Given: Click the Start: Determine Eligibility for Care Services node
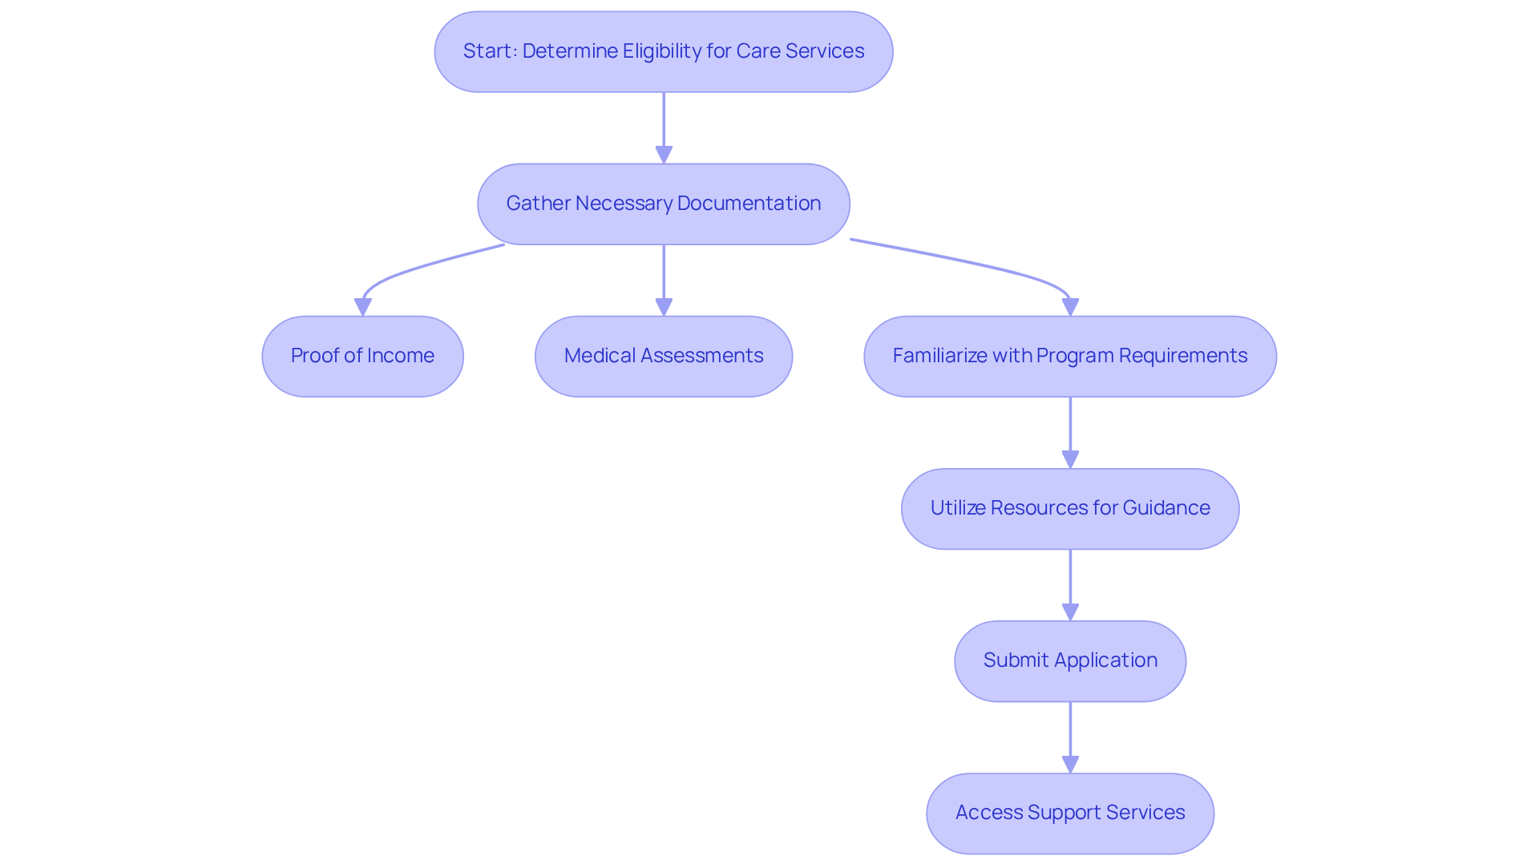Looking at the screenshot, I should pos(663,51).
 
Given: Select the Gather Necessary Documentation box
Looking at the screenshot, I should pos(663,204).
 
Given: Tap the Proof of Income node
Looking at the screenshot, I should pos(362,356).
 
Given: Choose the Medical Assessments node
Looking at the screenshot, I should pos(663,356).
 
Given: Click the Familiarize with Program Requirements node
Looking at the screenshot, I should pos(1069,356).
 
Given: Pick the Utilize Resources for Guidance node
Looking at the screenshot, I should pos(1069,508).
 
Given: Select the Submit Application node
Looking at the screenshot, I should pos(1069,660).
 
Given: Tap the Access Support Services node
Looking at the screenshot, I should pos(1069,813).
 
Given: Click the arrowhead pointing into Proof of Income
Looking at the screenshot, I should pos(362,307).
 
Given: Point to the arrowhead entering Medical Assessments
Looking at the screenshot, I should pos(664,307).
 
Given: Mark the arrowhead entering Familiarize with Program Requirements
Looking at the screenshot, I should pos(1070,307).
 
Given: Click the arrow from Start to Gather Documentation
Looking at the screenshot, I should pos(664,120).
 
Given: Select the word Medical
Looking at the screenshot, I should pos(600,356).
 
